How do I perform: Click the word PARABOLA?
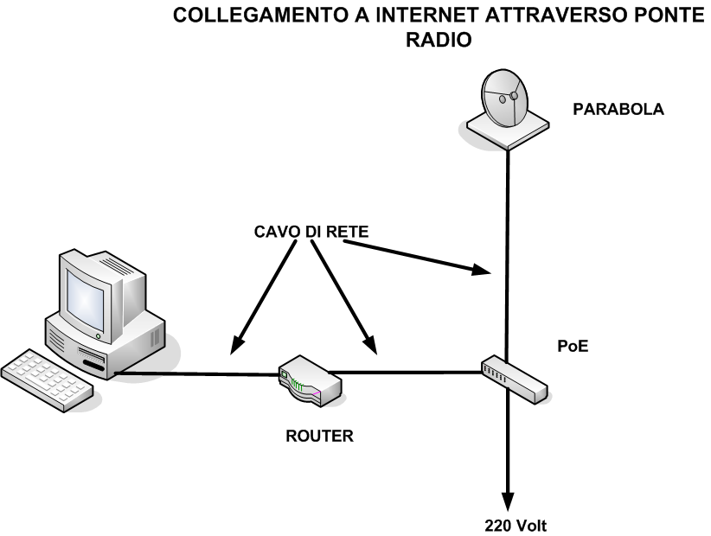point(618,110)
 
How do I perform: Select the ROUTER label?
point(319,436)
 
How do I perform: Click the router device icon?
point(309,380)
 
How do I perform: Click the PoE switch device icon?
point(514,379)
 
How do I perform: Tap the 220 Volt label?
point(516,525)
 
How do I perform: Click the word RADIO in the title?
point(440,40)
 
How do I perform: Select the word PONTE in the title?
point(661,16)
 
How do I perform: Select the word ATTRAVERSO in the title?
point(527,16)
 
